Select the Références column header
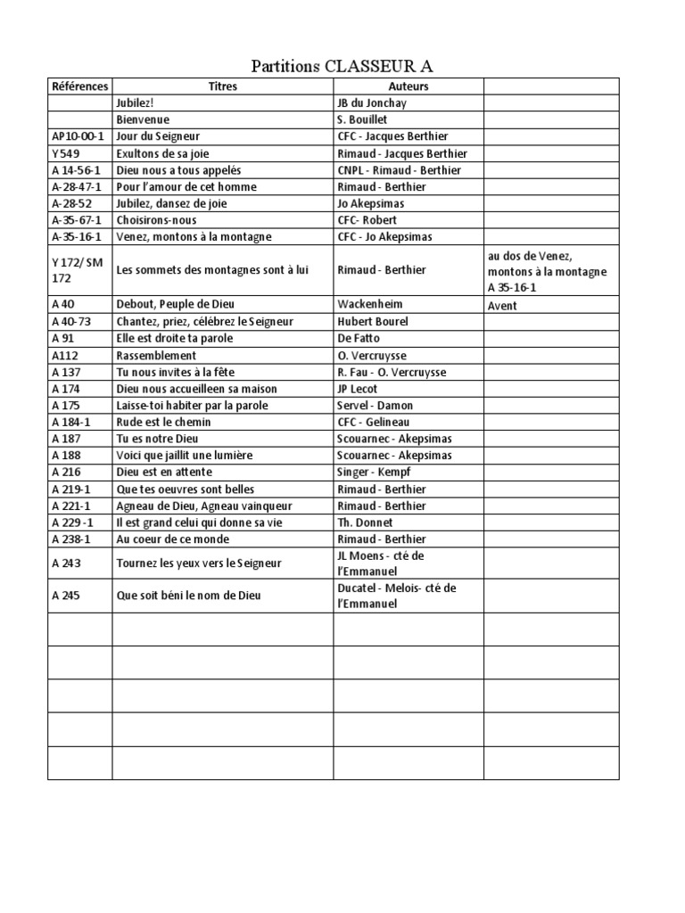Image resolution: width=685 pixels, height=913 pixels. coord(79,86)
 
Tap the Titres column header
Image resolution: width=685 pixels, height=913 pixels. coord(222,86)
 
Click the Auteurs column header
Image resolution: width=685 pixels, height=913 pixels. coord(409,86)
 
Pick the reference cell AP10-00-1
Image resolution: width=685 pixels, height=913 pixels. coord(78,136)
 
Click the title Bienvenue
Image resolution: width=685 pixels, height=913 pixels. coord(143,119)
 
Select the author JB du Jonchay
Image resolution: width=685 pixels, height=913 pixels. coord(373,103)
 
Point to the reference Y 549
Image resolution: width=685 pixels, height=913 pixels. coord(67,153)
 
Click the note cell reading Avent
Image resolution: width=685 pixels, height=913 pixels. coord(502,306)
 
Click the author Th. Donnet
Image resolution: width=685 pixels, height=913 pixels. coord(365,522)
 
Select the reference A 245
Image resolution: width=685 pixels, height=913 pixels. coord(66,596)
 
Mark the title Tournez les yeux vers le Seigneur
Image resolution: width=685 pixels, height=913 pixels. coord(199,563)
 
